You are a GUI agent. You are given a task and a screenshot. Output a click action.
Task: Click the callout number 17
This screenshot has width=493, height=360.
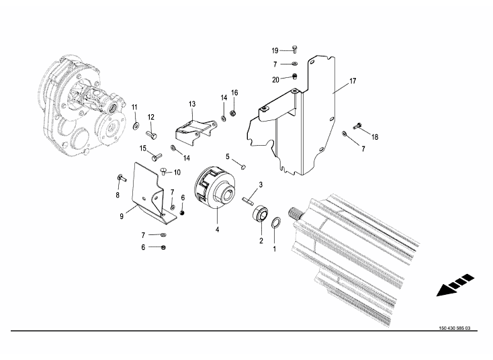pyautogui.click(x=353, y=81)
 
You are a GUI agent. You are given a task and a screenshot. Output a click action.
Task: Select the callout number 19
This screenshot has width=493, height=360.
pyautogui.click(x=275, y=50)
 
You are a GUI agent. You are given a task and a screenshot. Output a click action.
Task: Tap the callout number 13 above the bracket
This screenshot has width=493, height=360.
pyautogui.click(x=192, y=103)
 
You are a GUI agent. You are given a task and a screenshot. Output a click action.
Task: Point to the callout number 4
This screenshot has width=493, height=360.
pyautogui.click(x=217, y=230)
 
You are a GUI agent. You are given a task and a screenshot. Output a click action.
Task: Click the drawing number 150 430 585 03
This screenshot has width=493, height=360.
pyautogui.click(x=455, y=328)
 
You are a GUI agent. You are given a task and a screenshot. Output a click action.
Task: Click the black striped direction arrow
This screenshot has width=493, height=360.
pyautogui.click(x=455, y=285)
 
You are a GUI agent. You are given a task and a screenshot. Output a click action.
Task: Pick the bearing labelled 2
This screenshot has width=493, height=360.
pyautogui.click(x=261, y=214)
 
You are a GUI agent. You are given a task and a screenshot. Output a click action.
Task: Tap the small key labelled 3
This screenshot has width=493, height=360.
pyautogui.click(x=248, y=201)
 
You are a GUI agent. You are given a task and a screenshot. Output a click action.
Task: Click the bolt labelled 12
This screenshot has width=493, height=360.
pyautogui.click(x=152, y=134)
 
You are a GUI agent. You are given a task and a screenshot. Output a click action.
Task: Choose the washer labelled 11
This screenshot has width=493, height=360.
pyautogui.click(x=136, y=126)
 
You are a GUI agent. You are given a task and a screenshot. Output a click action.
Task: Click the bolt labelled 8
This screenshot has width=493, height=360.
pyautogui.click(x=122, y=178)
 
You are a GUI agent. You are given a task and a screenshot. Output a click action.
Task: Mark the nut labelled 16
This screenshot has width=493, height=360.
pyautogui.click(x=233, y=112)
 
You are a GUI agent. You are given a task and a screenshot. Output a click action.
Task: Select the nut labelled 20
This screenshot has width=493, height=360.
pyautogui.click(x=295, y=76)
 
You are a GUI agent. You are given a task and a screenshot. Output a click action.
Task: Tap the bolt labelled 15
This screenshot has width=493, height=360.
pyautogui.click(x=156, y=156)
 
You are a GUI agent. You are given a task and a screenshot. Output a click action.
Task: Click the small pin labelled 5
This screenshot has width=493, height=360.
pyautogui.click(x=243, y=167)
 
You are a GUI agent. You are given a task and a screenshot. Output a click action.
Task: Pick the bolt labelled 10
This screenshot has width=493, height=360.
pyautogui.click(x=163, y=171)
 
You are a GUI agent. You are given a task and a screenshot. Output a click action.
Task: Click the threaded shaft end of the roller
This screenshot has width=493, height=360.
pyautogui.click(x=296, y=213)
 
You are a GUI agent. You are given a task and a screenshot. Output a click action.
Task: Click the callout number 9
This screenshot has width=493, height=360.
pyautogui.click(x=122, y=216)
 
